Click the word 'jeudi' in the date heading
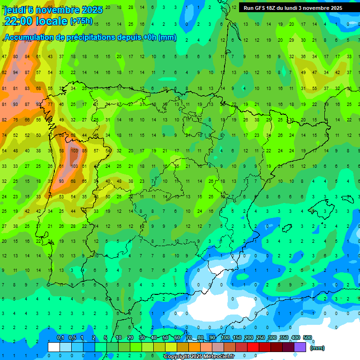tap(15, 10)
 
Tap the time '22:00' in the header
tap(21, 21)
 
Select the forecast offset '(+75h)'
tap(81, 21)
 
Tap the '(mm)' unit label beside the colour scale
tap(317, 348)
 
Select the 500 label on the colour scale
tap(307, 338)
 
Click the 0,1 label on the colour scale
tap(60, 338)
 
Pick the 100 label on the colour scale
tap(225, 338)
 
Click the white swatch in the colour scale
tap(54, 347)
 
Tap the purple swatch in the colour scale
tap(300, 347)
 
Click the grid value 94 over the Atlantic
tap(15, 73)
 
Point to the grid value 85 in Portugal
tap(84, 151)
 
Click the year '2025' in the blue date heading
tap(92, 10)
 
